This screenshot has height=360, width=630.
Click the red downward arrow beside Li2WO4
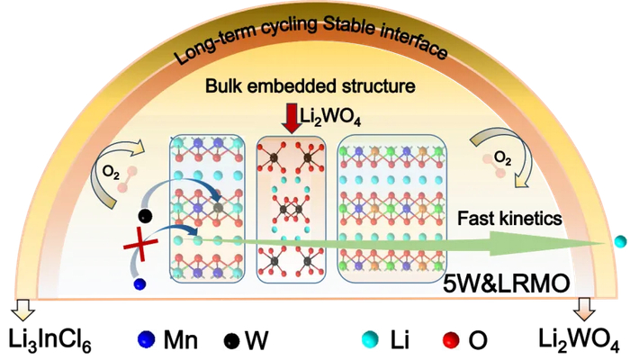click(x=292, y=118)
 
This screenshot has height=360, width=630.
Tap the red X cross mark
click(x=140, y=244)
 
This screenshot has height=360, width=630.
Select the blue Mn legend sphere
click(x=146, y=339)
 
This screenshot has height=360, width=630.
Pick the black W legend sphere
click(x=231, y=341)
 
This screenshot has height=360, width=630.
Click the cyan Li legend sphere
click(x=370, y=338)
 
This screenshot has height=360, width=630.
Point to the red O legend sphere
click(x=451, y=340)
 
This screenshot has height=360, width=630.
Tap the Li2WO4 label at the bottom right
click(x=579, y=339)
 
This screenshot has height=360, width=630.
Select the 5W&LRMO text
click(x=506, y=283)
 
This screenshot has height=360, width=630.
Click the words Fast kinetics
click(x=509, y=218)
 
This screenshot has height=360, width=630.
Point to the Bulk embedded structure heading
click(x=310, y=86)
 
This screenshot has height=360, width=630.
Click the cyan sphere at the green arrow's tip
click(x=620, y=241)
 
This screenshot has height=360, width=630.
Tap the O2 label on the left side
click(x=111, y=173)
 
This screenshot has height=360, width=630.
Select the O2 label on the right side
click(x=502, y=158)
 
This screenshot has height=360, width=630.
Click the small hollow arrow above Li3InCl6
click(x=23, y=310)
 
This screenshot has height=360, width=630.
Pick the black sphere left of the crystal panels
click(x=145, y=216)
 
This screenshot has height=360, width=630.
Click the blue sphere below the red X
click(x=139, y=284)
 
